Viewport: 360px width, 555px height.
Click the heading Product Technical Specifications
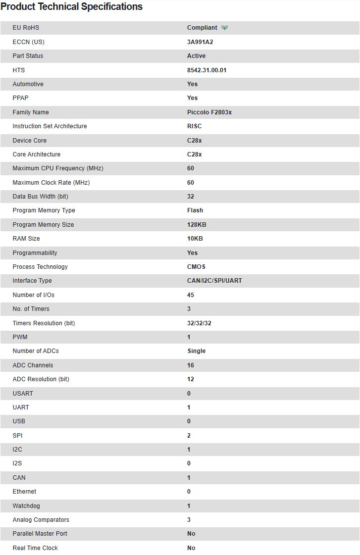(72, 7)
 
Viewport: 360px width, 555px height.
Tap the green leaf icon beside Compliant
(225, 28)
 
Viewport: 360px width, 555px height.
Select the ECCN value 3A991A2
(200, 42)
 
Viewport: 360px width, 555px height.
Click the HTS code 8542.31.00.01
(206, 70)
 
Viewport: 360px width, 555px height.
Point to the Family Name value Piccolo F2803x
(209, 112)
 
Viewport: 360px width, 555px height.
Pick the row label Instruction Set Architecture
(50, 126)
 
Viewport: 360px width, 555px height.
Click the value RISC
(194, 126)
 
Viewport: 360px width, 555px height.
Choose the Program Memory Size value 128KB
(197, 225)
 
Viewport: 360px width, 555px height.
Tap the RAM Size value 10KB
(195, 239)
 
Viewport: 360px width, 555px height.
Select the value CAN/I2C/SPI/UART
(214, 281)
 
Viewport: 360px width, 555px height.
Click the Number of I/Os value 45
(191, 295)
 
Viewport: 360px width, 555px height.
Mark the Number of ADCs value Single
(196, 351)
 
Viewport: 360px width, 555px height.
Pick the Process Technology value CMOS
(196, 267)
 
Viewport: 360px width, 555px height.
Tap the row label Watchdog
(26, 506)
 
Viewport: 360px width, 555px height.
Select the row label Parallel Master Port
(40, 534)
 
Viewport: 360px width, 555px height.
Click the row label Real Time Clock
(35, 548)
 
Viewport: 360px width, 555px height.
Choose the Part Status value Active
(196, 56)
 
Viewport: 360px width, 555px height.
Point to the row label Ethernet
(24, 492)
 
